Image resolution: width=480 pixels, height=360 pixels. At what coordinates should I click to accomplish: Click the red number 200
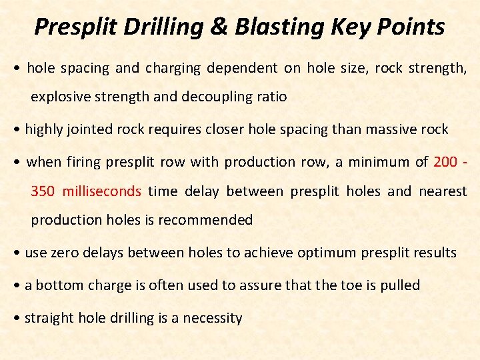point(446,162)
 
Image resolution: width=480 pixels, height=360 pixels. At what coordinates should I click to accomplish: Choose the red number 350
point(43,191)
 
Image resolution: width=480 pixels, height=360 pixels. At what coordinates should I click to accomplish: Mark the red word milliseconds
point(102,191)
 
